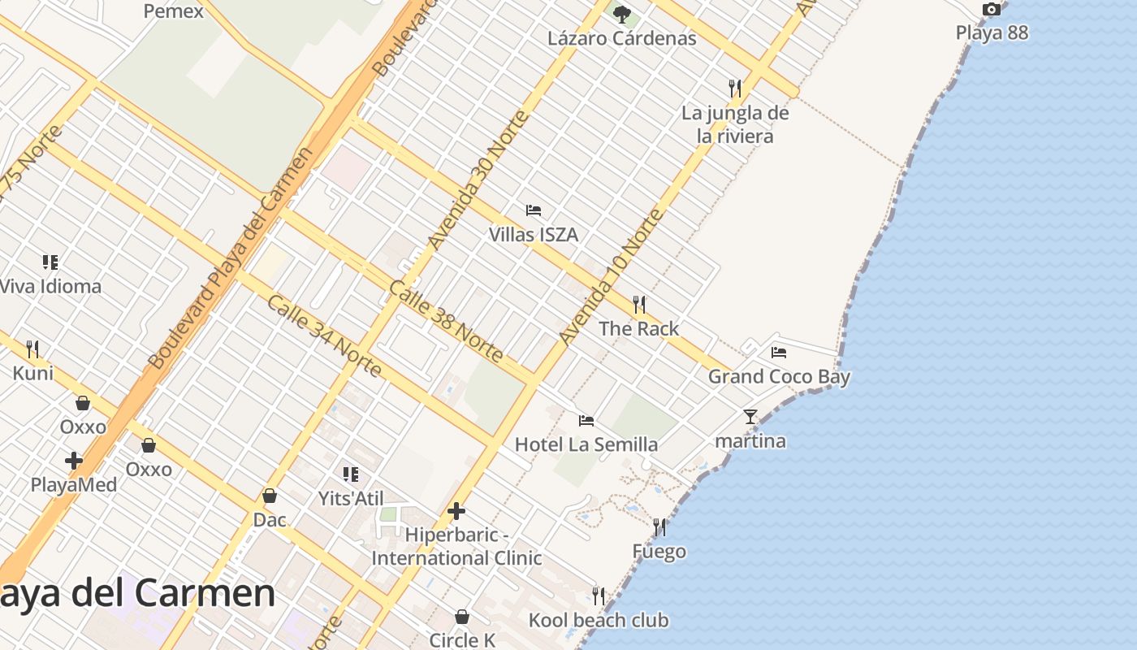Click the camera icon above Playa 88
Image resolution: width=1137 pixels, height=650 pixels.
991,10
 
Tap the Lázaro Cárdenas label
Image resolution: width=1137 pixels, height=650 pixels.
621,38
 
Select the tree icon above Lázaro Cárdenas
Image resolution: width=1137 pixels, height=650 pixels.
622,14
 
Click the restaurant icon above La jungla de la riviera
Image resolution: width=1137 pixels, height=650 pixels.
735,88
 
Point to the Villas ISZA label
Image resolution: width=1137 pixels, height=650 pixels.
534,235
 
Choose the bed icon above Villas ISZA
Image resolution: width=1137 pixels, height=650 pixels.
534,210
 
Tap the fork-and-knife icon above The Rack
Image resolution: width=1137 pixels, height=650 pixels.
639,305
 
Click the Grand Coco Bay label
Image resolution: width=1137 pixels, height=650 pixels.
779,377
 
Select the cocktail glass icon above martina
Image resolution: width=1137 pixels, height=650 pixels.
750,417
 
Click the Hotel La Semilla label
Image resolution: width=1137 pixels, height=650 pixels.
586,444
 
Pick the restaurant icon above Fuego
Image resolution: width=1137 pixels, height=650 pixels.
659,527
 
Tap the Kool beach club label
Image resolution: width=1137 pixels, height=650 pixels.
599,621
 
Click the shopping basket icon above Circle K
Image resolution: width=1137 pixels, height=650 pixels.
462,617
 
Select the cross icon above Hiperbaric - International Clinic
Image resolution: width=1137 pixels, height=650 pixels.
456,511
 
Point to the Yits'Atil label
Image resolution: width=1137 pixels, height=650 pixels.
351,499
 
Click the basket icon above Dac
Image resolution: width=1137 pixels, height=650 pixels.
270,496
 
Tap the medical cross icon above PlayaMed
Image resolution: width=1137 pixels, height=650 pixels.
74,461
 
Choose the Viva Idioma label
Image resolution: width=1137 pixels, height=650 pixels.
50,287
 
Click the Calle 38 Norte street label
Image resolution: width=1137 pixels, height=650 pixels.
446,321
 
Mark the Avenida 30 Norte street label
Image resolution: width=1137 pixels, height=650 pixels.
478,180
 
